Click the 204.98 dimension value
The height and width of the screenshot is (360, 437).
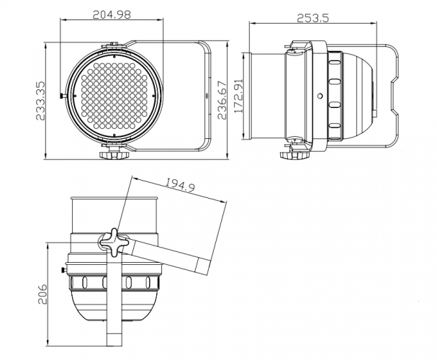point(112,14)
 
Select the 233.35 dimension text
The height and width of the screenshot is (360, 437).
point(40,101)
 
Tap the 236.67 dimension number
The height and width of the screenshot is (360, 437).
point(222,100)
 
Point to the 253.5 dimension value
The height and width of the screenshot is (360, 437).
point(312,18)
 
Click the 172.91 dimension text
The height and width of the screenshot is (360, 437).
point(238,96)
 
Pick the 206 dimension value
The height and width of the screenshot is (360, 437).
point(42,294)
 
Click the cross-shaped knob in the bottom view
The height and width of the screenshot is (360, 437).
point(114,243)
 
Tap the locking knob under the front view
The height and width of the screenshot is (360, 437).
point(114,155)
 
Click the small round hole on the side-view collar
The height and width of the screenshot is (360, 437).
point(320,96)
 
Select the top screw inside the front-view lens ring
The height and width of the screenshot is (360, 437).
point(114,57)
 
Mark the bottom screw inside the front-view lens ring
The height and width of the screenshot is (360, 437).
point(114,135)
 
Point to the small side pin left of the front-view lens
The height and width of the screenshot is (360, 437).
point(63,96)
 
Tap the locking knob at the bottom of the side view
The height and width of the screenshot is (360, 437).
point(294,155)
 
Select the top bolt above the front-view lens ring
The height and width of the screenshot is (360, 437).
point(114,44)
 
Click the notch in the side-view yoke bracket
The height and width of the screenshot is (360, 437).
point(394,96)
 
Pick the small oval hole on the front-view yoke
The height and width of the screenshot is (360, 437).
point(207,96)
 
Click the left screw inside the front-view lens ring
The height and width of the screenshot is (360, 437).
point(75,96)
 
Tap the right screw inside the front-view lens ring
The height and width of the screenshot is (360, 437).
point(153,96)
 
